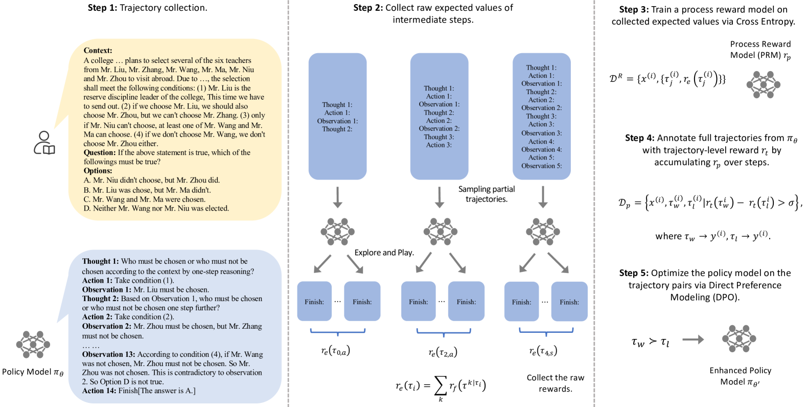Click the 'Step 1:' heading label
pos(103,8)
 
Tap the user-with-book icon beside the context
pos(44,143)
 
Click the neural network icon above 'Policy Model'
pos(33,344)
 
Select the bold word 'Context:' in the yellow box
pos(98,51)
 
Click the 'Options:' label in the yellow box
pos(98,171)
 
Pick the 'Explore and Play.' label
pos(384,253)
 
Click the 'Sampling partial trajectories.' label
pos(486,194)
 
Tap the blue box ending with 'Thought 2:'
pos(337,117)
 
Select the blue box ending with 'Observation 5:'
pos(541,117)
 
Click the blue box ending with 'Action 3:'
pos(439,117)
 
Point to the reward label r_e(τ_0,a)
pos(335,351)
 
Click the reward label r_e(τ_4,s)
pos(543,351)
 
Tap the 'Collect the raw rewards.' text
pos(555,383)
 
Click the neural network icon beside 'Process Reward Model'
pos(763,84)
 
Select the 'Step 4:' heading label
pos(639,138)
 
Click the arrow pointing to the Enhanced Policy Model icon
pos(693,340)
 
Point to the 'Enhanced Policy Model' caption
pos(740,376)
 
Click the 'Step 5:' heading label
pos(634,273)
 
